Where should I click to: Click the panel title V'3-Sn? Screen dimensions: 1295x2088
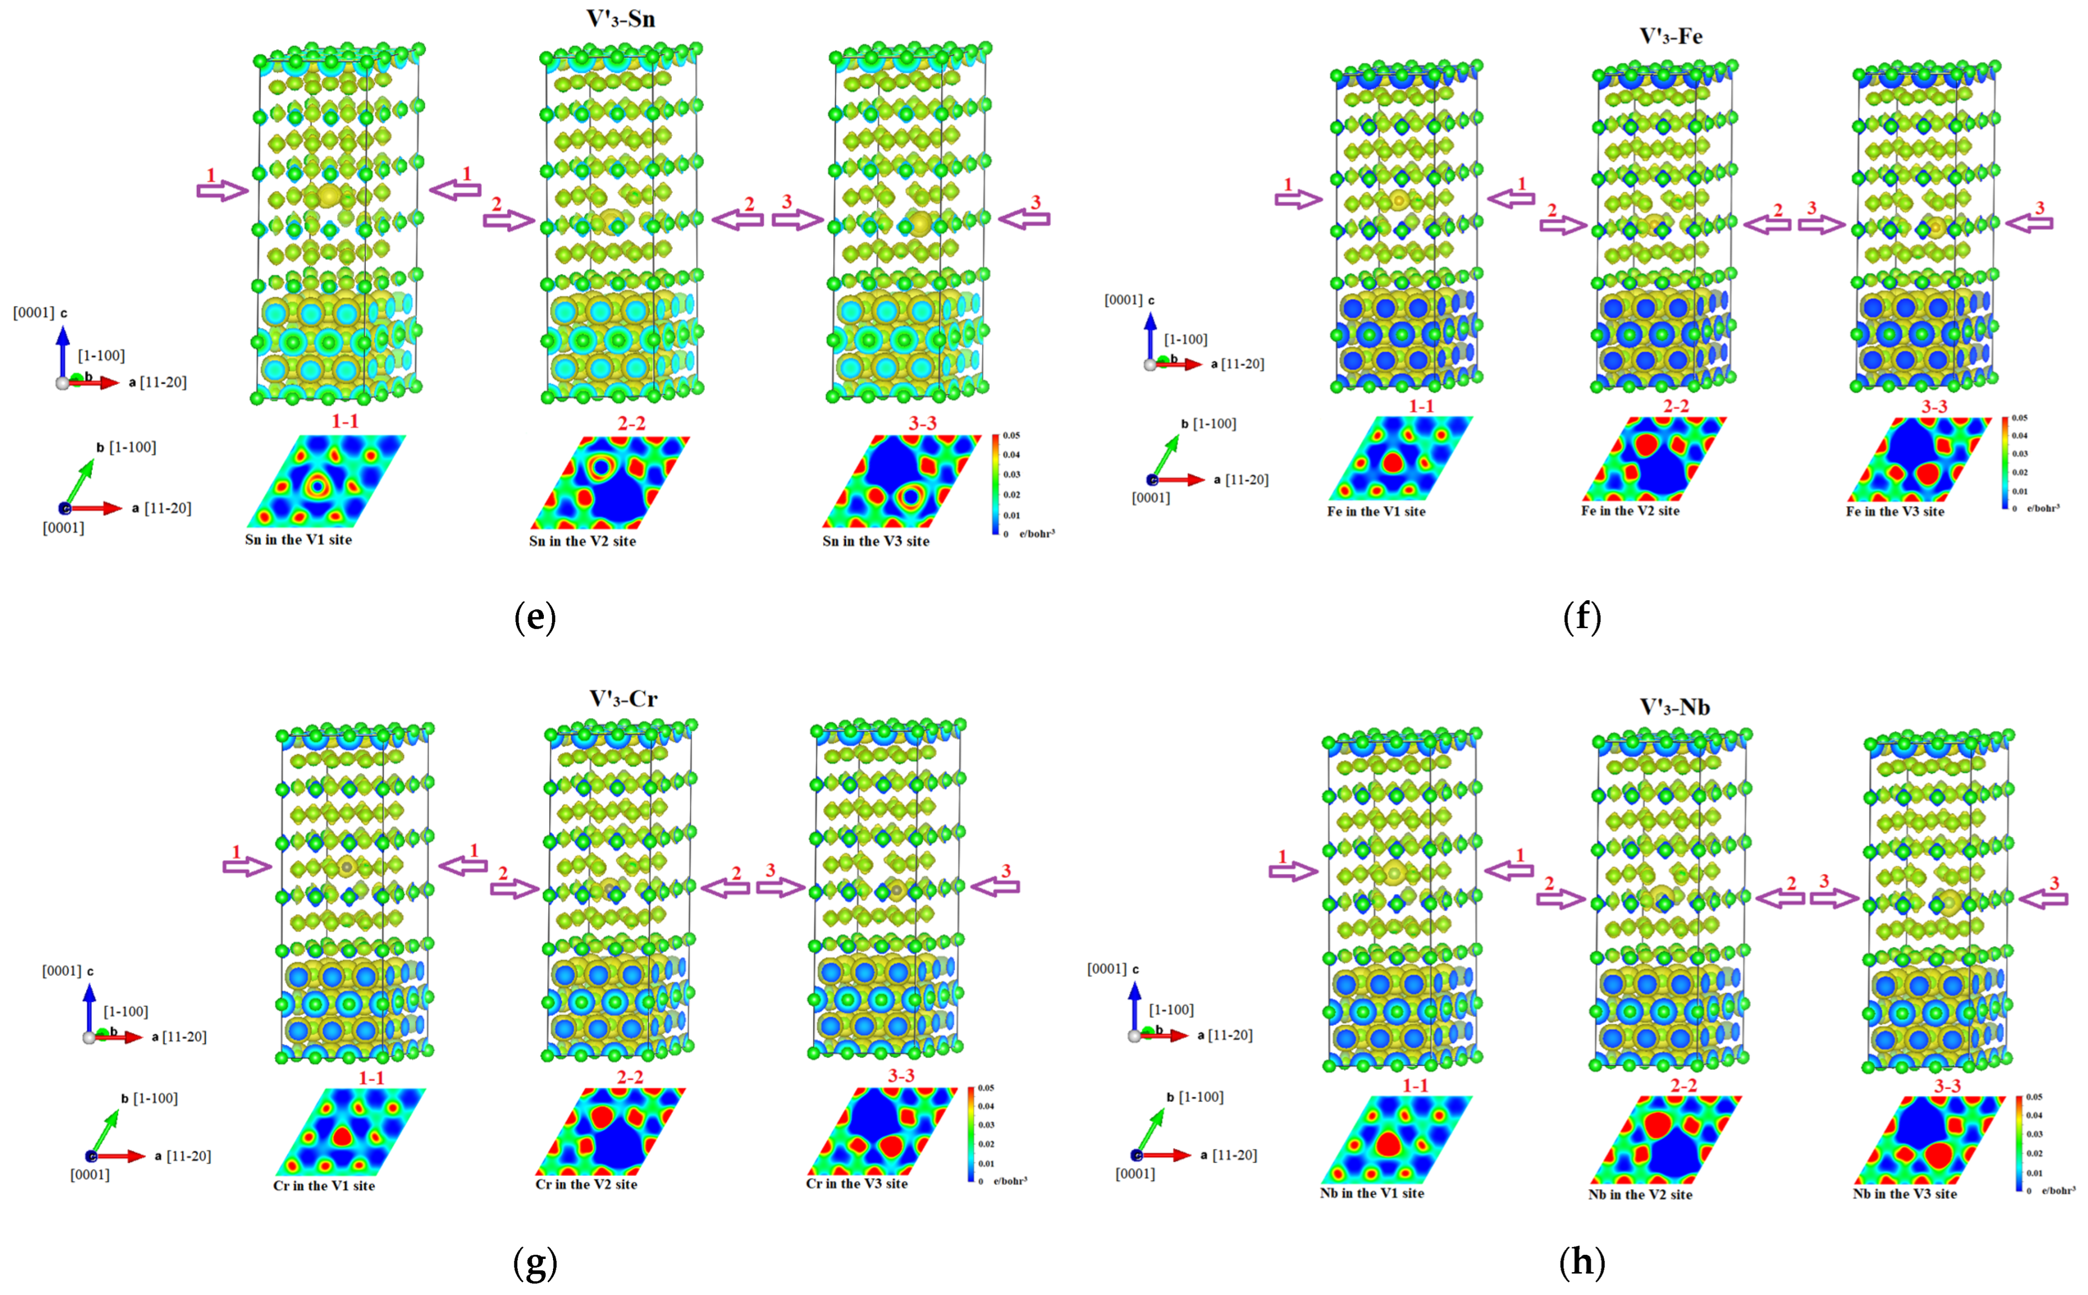click(x=620, y=19)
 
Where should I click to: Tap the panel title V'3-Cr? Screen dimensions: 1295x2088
click(x=623, y=699)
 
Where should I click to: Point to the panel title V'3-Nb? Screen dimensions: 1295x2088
click(x=1675, y=707)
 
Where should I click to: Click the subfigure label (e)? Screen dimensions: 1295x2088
click(x=535, y=617)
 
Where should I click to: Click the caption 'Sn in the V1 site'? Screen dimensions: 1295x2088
click(x=298, y=539)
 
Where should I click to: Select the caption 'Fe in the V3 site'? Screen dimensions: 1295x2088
click(x=1895, y=512)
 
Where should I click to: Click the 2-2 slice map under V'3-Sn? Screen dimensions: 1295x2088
click(x=610, y=482)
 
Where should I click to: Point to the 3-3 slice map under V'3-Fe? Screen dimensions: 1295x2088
click(x=1918, y=459)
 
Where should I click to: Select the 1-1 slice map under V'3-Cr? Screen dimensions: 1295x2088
click(x=350, y=1132)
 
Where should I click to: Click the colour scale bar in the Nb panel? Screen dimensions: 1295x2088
click(x=2019, y=1143)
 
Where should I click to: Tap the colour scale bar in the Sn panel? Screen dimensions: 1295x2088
click(x=995, y=485)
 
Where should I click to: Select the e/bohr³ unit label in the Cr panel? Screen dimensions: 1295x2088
click(x=1010, y=1181)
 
